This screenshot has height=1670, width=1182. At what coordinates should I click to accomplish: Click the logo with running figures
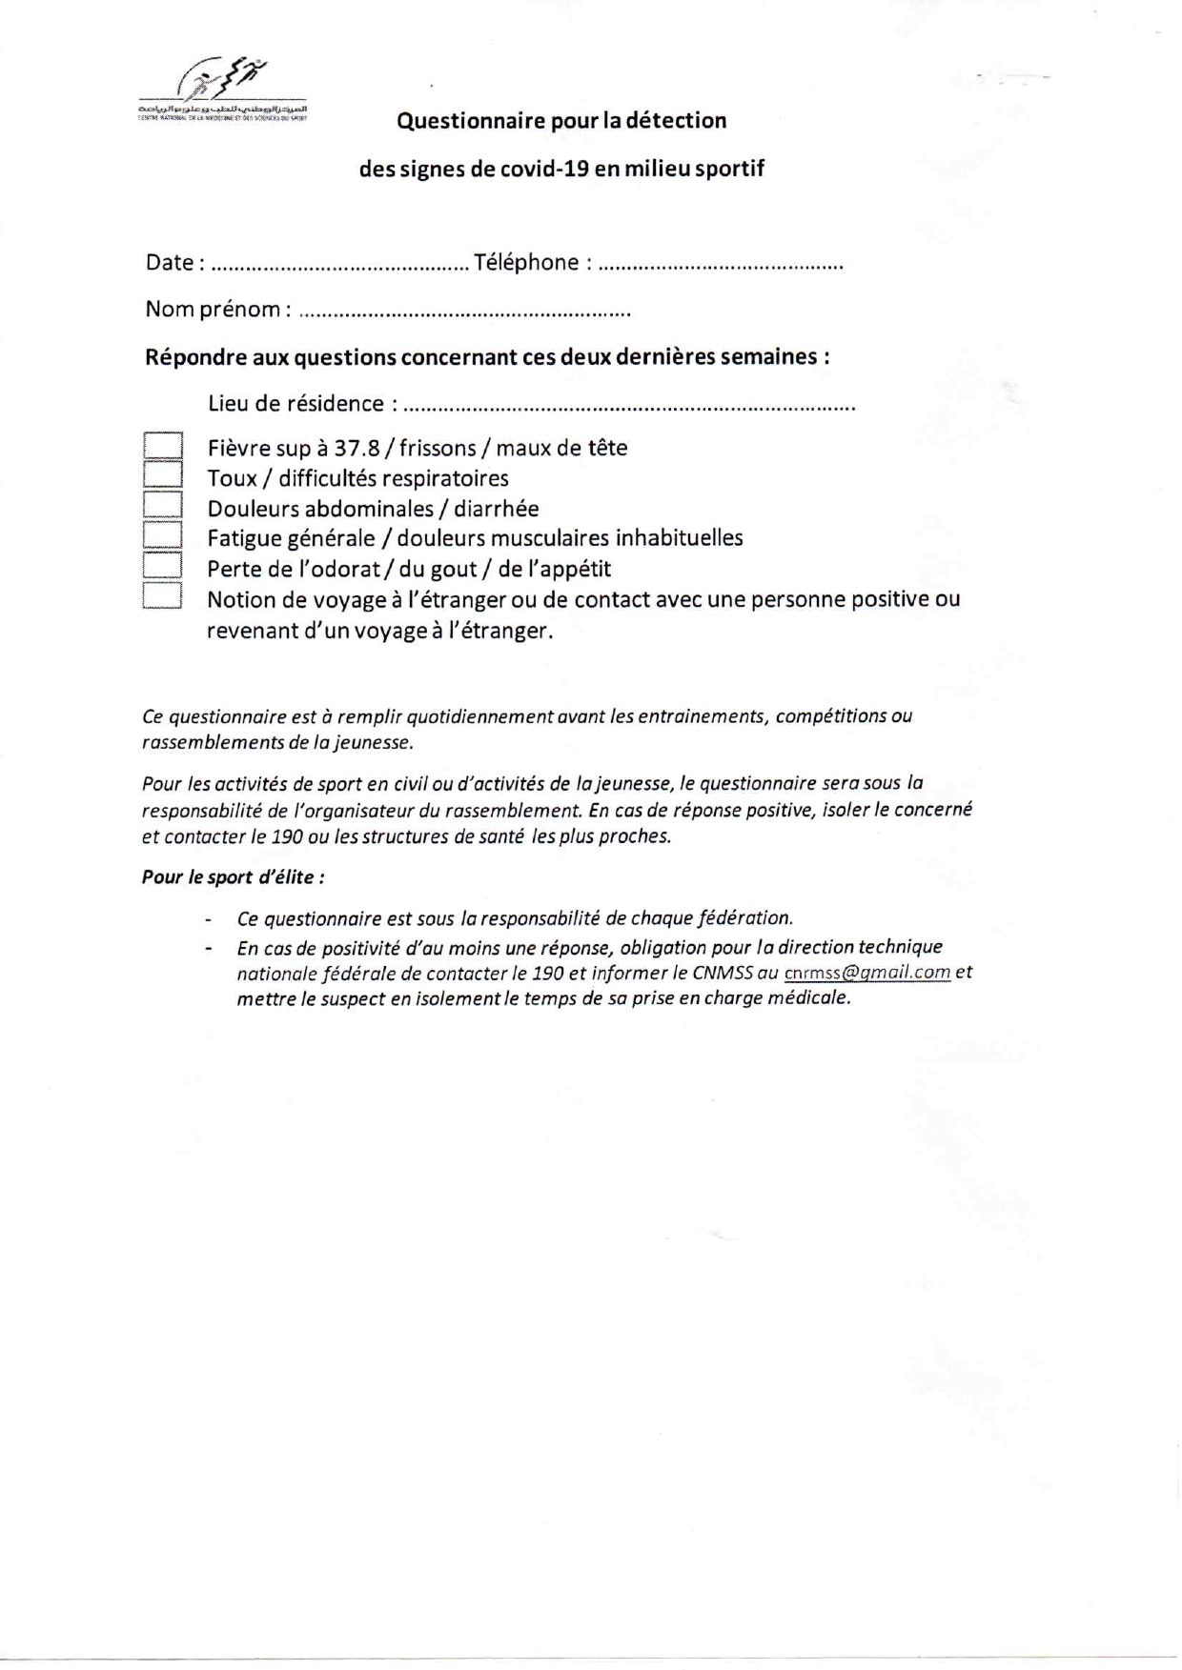point(223,89)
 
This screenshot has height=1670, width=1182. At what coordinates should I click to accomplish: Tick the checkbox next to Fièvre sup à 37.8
point(163,446)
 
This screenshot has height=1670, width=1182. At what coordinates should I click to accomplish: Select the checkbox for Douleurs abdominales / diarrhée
point(163,505)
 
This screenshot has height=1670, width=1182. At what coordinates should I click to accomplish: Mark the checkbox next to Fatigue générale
point(163,535)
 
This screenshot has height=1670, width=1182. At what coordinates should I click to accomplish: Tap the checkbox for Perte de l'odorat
point(163,566)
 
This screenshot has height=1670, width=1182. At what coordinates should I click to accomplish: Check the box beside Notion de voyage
point(163,596)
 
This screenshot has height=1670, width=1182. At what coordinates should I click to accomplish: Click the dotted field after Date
point(338,266)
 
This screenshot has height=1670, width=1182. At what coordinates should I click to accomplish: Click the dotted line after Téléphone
point(721,266)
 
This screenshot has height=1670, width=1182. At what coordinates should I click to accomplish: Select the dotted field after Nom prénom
point(464,312)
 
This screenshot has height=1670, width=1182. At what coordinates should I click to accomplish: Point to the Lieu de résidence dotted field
point(629,407)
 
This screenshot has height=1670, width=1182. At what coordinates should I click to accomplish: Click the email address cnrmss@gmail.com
point(866,973)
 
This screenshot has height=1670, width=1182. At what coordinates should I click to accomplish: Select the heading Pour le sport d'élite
point(233,877)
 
